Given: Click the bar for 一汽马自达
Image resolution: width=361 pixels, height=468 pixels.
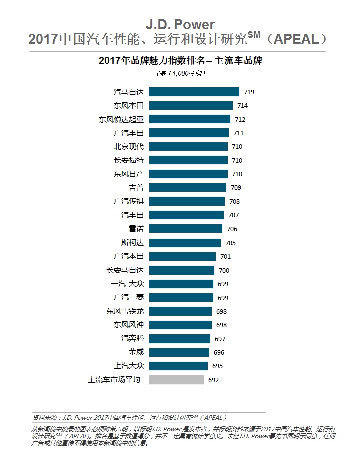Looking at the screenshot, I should click(194, 92).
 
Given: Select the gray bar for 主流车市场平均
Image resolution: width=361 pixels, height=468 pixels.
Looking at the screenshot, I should click(176, 380).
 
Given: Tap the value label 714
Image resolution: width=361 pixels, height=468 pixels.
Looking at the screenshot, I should click(242, 106).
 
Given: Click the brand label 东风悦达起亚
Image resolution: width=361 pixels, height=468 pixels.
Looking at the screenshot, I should click(121, 119).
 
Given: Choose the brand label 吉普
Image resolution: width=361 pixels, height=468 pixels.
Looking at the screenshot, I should click(136, 188).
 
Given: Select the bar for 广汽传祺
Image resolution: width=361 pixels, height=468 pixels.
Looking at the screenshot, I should click(187, 201).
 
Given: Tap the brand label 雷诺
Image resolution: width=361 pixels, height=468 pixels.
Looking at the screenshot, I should click(136, 229).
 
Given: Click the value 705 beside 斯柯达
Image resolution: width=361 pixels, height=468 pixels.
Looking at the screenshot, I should click(230, 243).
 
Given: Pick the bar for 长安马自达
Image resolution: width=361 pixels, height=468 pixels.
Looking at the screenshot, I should click(182, 270).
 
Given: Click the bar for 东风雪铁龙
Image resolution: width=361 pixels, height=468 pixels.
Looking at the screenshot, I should click(180, 311).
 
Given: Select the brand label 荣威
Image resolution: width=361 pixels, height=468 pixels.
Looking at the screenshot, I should click(136, 352).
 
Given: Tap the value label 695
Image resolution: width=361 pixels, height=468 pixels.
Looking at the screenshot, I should click(217, 366).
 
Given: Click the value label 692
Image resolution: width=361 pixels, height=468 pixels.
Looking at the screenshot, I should click(214, 380).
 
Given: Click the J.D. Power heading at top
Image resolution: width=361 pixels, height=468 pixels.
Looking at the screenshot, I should click(180, 24).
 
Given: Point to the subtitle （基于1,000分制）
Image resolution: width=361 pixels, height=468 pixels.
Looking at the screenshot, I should click(181, 73).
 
